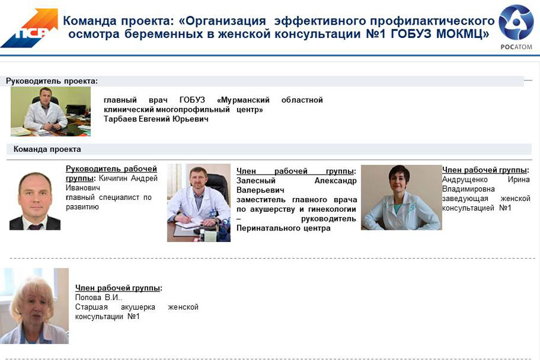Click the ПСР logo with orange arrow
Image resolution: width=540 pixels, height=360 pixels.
tap(29, 28)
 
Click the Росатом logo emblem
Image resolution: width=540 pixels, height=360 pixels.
tap(516, 22)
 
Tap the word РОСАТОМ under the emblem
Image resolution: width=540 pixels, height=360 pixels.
tap(516, 47)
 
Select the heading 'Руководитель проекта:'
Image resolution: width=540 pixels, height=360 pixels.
tap(52, 81)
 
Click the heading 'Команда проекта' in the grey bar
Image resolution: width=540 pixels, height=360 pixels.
tap(47, 149)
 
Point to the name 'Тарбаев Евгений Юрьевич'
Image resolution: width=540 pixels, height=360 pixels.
tap(156, 119)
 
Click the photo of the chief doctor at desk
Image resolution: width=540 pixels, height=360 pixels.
tap(50, 111)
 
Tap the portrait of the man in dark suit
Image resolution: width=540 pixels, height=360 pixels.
tap(35, 201)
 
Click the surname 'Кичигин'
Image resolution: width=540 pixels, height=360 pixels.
tap(113, 178)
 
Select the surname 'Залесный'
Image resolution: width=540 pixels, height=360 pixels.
tap(256, 181)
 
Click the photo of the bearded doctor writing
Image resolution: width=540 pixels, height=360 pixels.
tap(199, 203)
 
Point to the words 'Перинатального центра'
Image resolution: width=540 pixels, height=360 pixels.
tap(283, 228)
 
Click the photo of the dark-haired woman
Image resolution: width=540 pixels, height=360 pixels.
tap(401, 197)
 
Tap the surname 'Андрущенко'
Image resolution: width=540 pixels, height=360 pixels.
tap(464, 179)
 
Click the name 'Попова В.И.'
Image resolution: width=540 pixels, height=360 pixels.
tap(98, 298)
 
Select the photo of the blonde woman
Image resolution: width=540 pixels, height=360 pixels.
tap(34, 306)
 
